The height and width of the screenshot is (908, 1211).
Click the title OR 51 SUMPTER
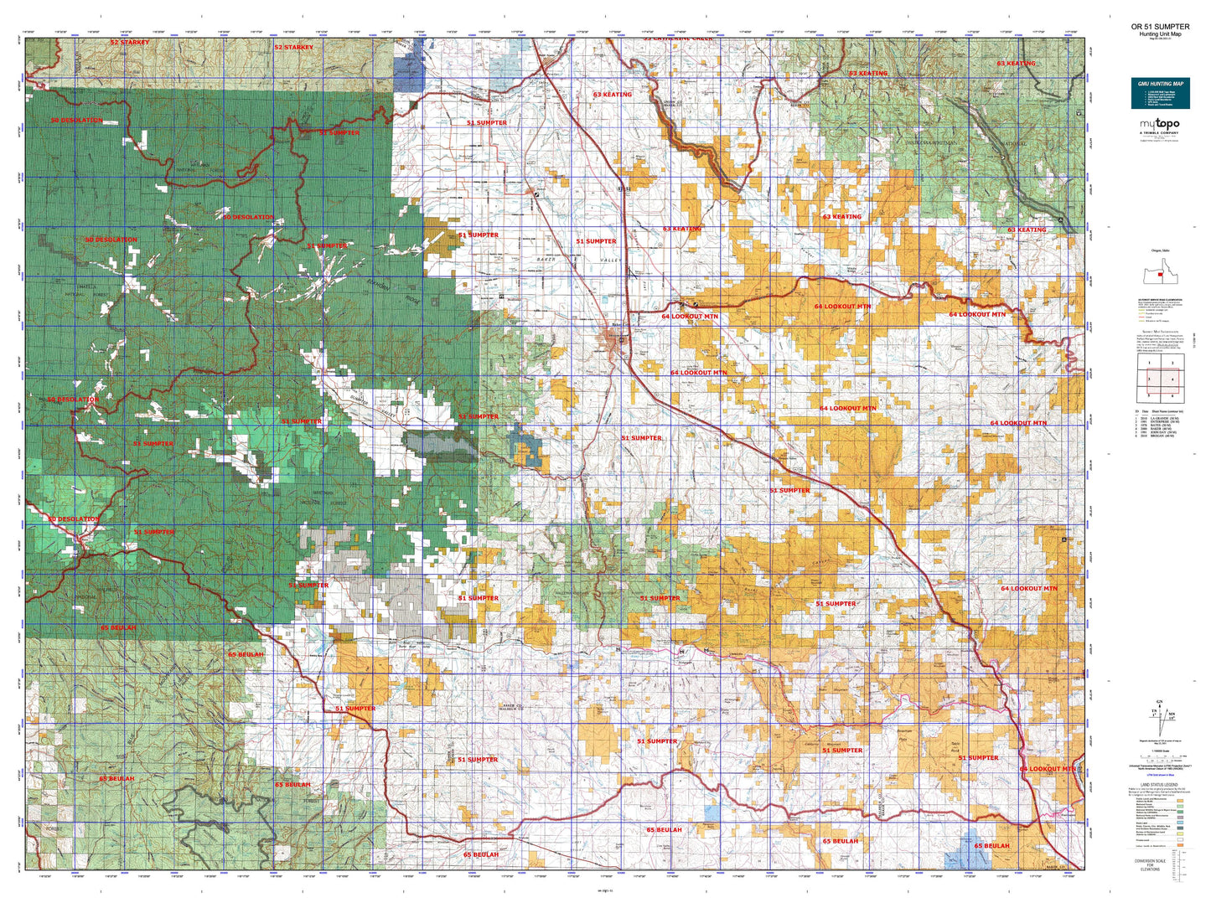1160,27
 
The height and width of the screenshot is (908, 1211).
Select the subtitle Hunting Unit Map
1160,34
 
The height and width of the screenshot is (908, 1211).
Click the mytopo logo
1159,125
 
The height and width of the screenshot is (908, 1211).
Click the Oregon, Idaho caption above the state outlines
1159,251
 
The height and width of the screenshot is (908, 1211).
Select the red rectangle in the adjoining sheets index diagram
1160,379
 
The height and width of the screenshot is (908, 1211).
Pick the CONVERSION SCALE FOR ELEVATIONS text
1150,864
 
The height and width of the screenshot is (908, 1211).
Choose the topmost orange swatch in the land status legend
1180,800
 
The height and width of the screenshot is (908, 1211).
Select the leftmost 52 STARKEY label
130,43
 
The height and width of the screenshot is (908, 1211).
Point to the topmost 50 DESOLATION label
76,121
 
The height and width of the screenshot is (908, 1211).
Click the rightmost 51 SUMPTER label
978,758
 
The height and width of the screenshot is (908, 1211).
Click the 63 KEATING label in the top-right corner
1016,64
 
